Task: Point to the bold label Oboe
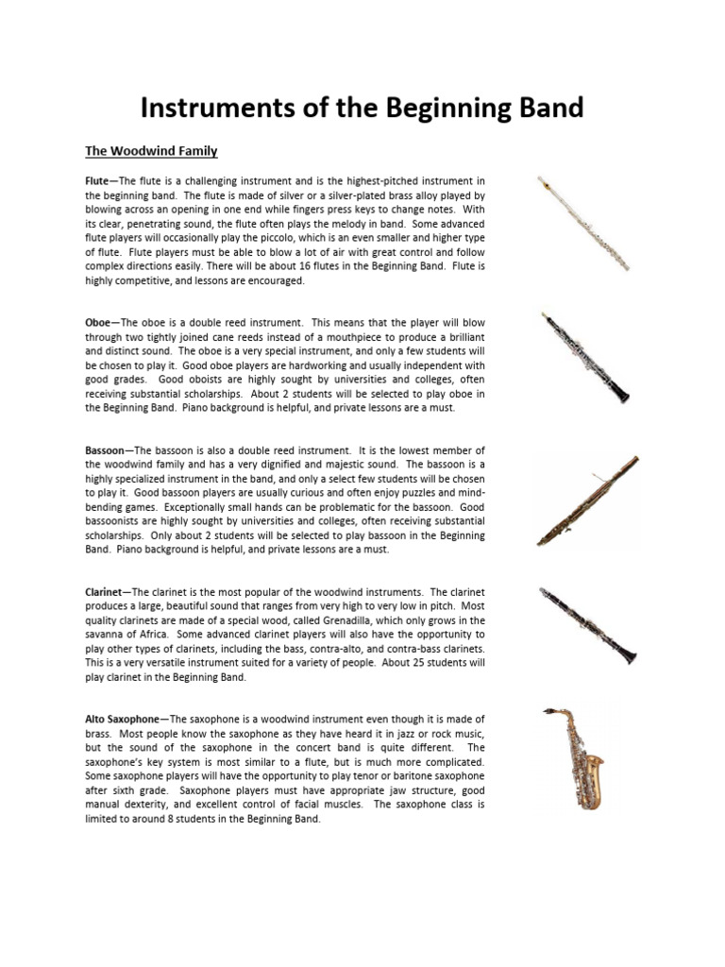pos(99,322)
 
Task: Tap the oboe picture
pos(585,358)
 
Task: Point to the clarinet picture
pos(587,625)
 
